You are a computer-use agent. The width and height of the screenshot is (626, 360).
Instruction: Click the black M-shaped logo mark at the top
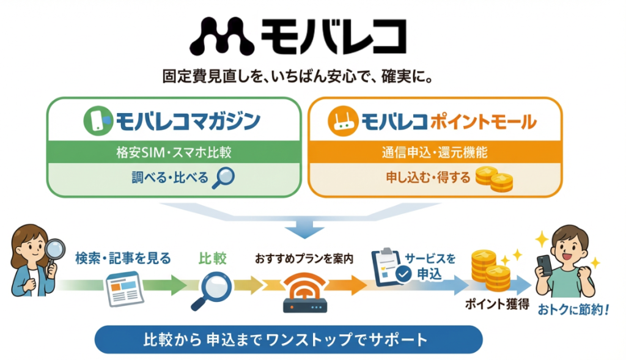point(222,36)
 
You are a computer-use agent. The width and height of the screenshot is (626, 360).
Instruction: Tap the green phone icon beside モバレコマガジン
point(98,120)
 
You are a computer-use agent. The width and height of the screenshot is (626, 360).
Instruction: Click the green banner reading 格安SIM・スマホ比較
point(174,152)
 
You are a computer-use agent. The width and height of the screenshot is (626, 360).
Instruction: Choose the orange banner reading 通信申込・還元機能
point(435,152)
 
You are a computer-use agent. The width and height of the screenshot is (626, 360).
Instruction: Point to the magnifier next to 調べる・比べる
point(223,178)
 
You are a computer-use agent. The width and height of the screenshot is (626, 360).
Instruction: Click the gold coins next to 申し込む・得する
point(494,179)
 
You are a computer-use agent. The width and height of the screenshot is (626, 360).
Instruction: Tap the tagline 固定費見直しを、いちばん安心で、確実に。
point(298,76)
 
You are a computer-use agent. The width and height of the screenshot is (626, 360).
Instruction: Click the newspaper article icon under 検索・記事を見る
point(124,288)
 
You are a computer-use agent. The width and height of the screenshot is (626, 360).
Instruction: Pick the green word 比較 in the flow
point(212,259)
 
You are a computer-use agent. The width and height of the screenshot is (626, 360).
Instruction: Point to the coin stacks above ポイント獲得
point(491,271)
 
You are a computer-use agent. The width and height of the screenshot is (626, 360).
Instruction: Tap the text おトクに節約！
point(573,310)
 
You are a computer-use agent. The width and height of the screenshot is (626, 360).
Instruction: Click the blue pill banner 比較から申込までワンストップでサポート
point(289,340)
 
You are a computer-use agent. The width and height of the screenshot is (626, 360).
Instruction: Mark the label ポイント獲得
point(497,304)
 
